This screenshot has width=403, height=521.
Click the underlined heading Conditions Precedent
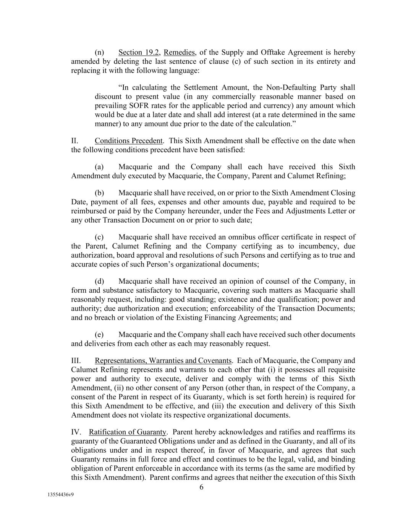click(x=129, y=141)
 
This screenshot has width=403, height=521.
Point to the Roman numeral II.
click(x=74, y=141)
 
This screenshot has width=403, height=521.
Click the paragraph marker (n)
click(x=99, y=52)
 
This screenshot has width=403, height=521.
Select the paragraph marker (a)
click(x=99, y=167)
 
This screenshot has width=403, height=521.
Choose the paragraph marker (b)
click(x=99, y=193)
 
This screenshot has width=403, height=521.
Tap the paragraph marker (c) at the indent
click(x=99, y=237)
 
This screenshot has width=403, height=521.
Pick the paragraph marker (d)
click(x=99, y=281)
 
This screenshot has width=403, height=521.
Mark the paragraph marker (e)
click(x=99, y=335)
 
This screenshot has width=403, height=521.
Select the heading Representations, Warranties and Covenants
click(x=163, y=361)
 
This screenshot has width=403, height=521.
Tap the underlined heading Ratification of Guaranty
click(x=128, y=432)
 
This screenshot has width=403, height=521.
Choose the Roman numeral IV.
click(x=76, y=432)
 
